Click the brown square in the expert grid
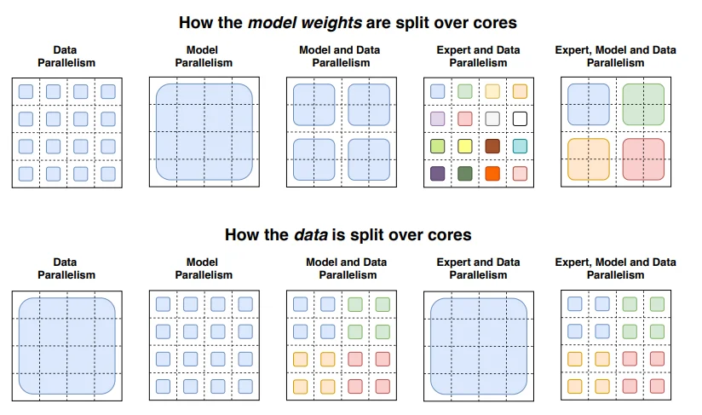[x=492, y=146]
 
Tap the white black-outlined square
[x=520, y=118]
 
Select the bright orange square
[x=492, y=174]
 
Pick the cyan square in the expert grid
[x=520, y=146]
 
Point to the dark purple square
[x=438, y=174]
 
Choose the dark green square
[x=465, y=174]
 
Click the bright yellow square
[x=465, y=146]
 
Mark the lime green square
[x=438, y=146]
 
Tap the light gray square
[x=492, y=118]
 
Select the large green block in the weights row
[x=644, y=104]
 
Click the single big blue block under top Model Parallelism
[x=203, y=132]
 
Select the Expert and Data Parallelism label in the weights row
[x=478, y=55]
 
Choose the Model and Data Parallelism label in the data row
[x=342, y=268]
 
